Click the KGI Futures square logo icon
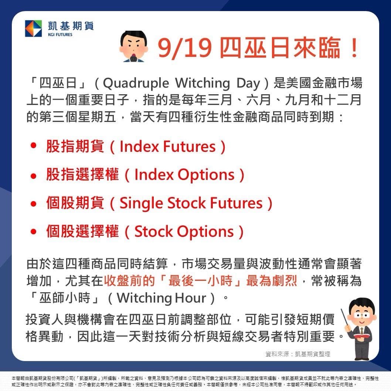click(33, 28)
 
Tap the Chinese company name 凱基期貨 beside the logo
click(71, 26)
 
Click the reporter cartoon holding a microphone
click(133, 47)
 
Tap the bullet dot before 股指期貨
click(34, 146)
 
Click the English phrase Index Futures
click(167, 147)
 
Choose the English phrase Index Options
click(184, 175)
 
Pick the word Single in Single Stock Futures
click(142, 203)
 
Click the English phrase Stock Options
click(184, 232)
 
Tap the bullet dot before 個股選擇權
click(34, 232)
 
